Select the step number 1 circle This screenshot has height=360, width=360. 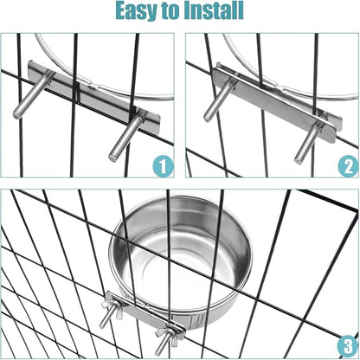click(163, 167)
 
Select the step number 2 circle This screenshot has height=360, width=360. click(348, 167)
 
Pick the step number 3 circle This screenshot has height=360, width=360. click(348, 347)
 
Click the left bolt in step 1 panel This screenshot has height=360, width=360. click(32, 96)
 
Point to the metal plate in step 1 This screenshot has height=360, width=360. click(93, 98)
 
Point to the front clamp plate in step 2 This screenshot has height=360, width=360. click(273, 103)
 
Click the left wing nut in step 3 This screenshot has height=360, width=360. click(113, 310)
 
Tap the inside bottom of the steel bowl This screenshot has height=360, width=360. click(181, 266)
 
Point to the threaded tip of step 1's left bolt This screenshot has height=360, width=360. click(17, 114)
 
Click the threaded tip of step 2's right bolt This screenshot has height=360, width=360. click(299, 158)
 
